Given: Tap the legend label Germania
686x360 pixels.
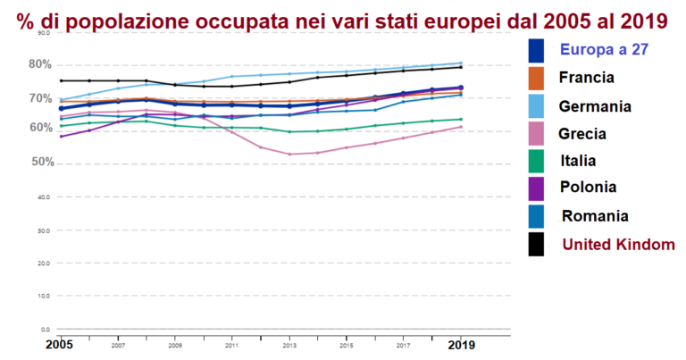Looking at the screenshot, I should pyautogui.click(x=594, y=105).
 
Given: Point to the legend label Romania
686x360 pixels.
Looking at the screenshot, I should pyautogui.click(x=595, y=215).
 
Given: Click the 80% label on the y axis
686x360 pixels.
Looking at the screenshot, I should pyautogui.click(x=41, y=64).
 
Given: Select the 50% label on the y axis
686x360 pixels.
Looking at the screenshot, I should pyautogui.click(x=41, y=163).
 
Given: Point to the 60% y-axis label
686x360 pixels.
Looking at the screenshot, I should pyautogui.click(x=41, y=128).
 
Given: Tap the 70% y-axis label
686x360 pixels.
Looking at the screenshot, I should pyautogui.click(x=41, y=96).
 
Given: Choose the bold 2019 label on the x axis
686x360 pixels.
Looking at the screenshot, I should pyautogui.click(x=461, y=344).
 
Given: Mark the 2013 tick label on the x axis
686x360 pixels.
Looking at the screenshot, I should pyautogui.click(x=289, y=344).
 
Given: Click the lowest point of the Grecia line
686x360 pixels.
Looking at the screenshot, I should pyautogui.click(x=289, y=155).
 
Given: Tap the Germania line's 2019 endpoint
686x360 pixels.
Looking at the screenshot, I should pyautogui.click(x=461, y=63).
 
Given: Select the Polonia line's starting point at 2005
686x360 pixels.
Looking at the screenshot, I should pyautogui.click(x=61, y=137).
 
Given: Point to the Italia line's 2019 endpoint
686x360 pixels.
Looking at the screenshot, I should pyautogui.click(x=461, y=119).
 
